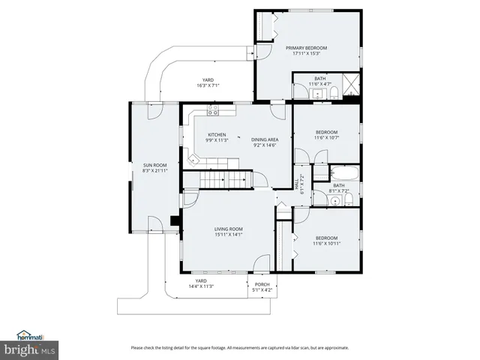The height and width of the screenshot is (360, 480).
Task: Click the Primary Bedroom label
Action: click(x=306, y=48)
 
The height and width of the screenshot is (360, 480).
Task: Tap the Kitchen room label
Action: click(x=217, y=135)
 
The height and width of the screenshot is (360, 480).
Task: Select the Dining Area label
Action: click(x=265, y=139)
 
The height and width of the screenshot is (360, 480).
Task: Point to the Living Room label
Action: click(x=229, y=229)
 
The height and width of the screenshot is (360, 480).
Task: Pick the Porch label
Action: click(x=262, y=284)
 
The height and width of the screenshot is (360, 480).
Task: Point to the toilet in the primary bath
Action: click(x=336, y=93)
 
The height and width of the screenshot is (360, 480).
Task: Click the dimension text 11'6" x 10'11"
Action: click(x=326, y=243)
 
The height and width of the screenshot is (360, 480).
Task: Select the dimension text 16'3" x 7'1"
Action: click(x=207, y=85)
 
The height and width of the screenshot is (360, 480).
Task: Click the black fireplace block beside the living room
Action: click(x=174, y=220)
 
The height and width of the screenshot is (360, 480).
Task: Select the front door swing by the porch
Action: click(x=262, y=263)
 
